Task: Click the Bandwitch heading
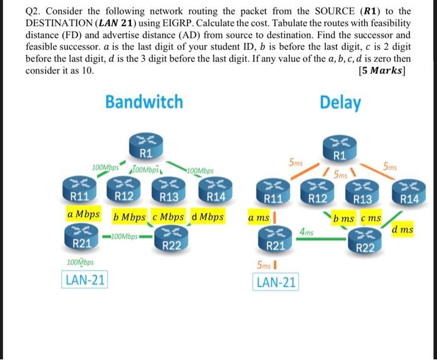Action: pyautogui.click(x=144, y=102)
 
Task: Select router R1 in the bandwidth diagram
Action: pyautogui.click(x=144, y=145)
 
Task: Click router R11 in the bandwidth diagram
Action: pyautogui.click(x=78, y=189)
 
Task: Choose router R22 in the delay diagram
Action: pyautogui.click(x=365, y=240)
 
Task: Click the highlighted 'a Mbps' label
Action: pyautogui.click(x=84, y=214)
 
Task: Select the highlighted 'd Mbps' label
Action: pyautogui.click(x=208, y=218)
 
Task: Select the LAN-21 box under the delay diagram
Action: pyautogui.click(x=277, y=282)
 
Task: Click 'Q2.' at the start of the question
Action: pyautogui.click(x=35, y=11)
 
